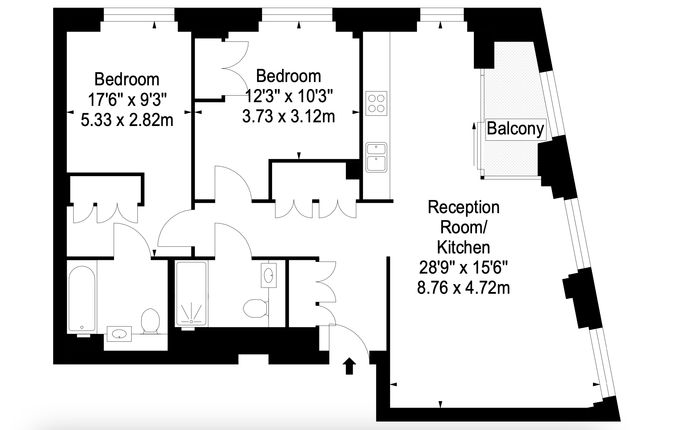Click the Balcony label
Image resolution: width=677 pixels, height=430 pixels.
516,129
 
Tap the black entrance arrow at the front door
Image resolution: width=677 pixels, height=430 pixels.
349,366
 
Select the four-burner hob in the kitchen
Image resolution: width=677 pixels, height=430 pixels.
376,103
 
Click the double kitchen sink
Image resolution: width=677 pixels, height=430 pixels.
376,157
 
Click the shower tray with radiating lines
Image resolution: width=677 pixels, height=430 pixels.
191,293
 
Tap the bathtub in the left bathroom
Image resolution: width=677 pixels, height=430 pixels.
82,298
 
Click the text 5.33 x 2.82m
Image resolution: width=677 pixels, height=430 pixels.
127,120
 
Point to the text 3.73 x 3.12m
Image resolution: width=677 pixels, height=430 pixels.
289,116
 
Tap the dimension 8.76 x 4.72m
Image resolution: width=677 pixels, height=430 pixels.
464,288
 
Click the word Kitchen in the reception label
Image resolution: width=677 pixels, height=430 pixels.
464,248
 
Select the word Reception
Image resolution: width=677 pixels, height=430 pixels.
464,207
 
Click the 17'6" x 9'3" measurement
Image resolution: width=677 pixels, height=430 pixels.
127,100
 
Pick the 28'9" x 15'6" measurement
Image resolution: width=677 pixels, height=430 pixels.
464,268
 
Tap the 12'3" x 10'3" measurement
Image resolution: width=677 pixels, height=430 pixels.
289,97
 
